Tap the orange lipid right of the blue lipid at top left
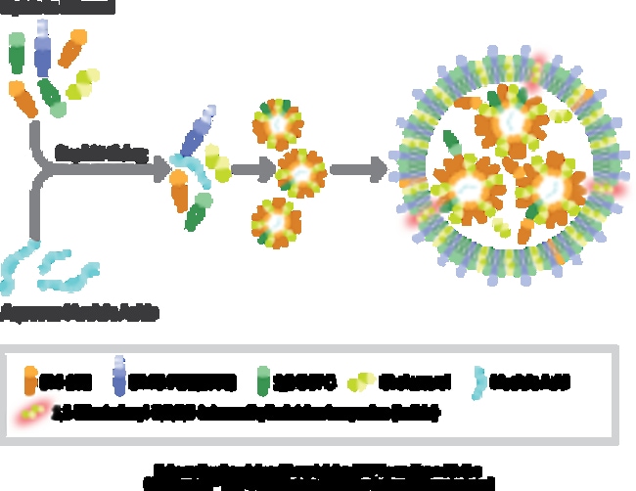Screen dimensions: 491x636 pos(72,48)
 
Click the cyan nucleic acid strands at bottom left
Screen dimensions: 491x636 pos(49,269)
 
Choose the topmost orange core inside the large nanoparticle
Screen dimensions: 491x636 pos(498,121)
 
